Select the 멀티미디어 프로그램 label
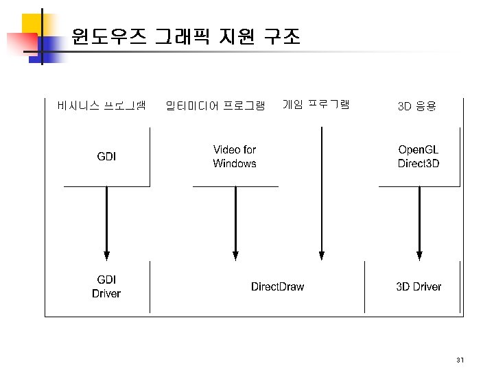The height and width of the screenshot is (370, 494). (215, 106)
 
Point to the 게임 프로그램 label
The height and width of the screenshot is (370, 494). (316, 104)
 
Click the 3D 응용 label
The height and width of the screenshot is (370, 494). (416, 106)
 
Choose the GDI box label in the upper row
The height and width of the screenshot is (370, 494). (106, 156)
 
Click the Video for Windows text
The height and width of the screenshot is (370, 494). (235, 156)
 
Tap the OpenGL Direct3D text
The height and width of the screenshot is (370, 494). (419, 156)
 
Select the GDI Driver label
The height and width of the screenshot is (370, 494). (106, 286)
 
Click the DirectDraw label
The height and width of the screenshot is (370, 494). (277, 286)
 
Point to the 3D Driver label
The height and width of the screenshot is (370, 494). (419, 286)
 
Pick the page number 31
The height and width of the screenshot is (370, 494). (460, 360)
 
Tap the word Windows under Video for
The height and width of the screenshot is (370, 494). (235, 164)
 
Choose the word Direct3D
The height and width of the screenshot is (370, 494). (419, 164)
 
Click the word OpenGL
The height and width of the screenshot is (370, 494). (419, 149)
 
